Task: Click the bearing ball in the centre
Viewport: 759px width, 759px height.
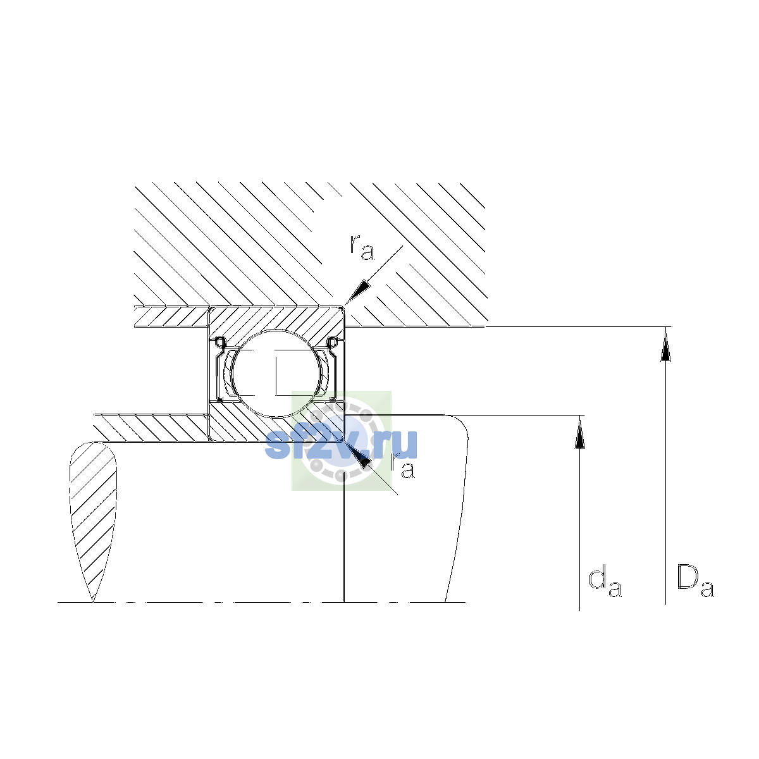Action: coord(277,373)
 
